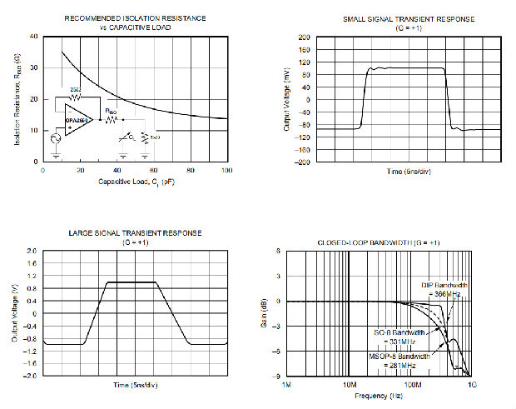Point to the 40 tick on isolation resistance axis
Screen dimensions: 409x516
(33, 37)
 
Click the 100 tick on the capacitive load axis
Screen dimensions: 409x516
(226, 171)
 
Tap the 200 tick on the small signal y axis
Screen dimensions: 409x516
(305, 37)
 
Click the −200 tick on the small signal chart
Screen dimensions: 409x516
(302, 162)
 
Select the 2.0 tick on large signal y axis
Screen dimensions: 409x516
(32, 251)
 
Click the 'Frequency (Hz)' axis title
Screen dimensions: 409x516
(380, 397)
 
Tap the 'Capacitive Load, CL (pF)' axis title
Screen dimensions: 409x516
(135, 181)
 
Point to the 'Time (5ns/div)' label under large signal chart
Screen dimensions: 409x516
(134, 386)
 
